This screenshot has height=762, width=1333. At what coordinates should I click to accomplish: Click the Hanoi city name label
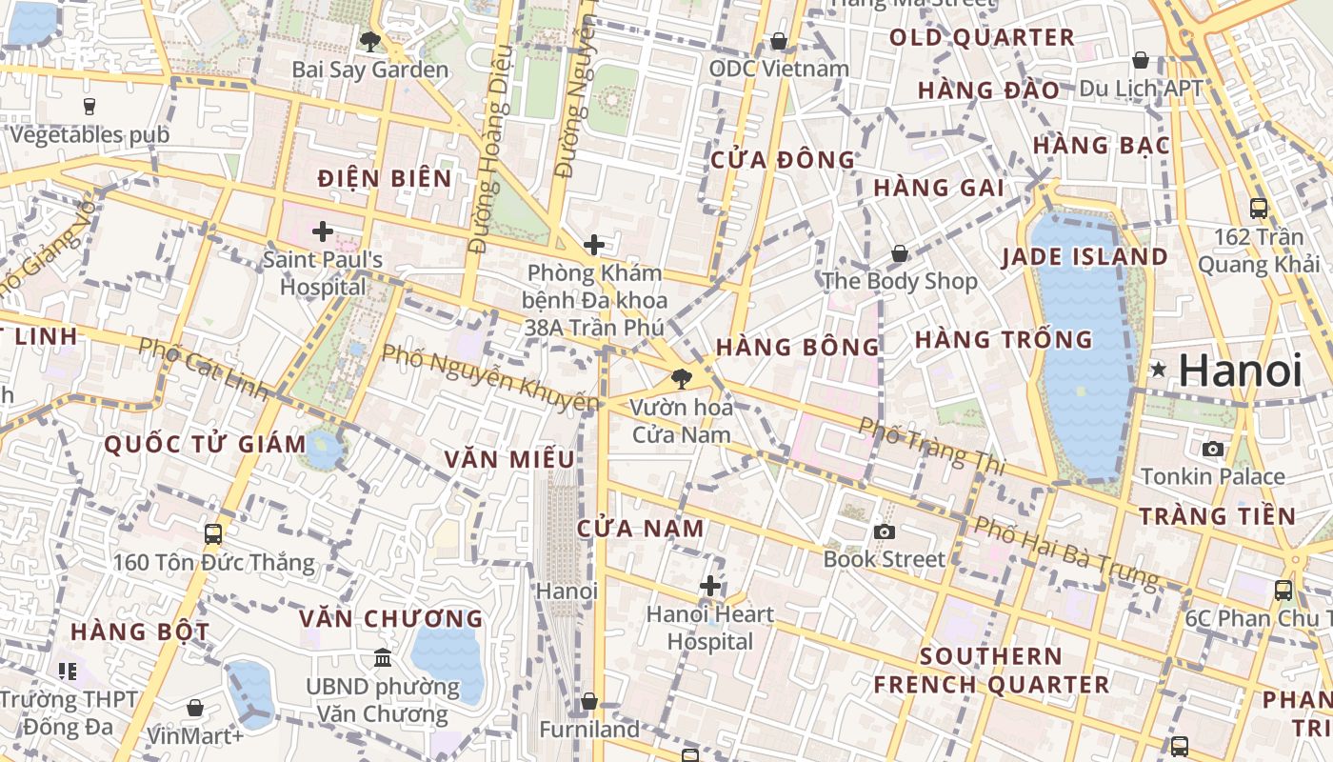tap(1240, 370)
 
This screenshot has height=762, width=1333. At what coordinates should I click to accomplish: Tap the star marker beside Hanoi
tap(1158, 369)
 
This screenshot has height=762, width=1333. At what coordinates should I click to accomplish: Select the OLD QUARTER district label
tap(982, 38)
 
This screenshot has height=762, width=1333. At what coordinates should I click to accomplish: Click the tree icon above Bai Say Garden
tap(369, 41)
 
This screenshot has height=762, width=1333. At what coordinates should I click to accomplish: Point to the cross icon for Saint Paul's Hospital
tap(323, 231)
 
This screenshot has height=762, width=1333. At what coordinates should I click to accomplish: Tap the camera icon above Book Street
tap(885, 531)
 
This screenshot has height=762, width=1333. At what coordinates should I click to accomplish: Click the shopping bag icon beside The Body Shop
tap(900, 253)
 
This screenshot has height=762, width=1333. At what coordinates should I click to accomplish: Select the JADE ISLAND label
tap(1084, 257)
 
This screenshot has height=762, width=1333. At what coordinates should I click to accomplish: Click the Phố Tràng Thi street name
tap(932, 446)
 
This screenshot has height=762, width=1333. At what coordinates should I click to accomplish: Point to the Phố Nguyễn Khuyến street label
tap(491, 377)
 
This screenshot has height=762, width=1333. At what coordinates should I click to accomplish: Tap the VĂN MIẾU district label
tap(509, 459)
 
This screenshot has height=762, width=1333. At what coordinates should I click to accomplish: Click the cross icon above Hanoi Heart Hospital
tap(710, 585)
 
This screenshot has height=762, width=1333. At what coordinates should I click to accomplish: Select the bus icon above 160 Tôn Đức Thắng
tap(213, 533)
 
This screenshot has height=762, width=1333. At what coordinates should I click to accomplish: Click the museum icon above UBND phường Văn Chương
tap(383, 657)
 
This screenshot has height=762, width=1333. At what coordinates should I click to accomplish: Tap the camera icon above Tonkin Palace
tap(1213, 449)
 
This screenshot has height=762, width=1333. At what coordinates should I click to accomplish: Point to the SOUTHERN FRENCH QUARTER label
tap(991, 671)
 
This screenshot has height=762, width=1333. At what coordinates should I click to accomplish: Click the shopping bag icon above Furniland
tap(589, 701)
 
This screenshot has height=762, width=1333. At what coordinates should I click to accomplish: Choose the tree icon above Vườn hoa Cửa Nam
tap(681, 379)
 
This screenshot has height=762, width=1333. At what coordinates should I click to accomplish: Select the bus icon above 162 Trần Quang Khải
tap(1259, 208)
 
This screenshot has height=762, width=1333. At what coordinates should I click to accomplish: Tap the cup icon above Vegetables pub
tap(90, 106)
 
